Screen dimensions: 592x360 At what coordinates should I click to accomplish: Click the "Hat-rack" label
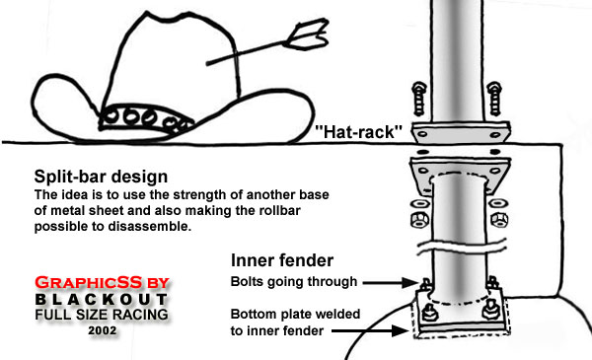click(358, 132)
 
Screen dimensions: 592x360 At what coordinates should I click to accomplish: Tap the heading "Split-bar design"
click(101, 177)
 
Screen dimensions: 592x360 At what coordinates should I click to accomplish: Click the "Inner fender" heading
click(282, 260)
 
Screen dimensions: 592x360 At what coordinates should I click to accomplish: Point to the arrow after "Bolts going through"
click(390, 282)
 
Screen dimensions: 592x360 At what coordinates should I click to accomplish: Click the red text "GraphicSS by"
click(103, 282)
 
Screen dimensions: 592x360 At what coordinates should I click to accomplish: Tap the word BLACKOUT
click(102, 300)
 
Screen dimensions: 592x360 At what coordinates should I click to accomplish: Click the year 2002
click(103, 330)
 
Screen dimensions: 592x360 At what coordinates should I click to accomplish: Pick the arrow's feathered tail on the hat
click(306, 35)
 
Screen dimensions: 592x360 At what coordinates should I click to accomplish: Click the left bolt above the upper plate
click(419, 99)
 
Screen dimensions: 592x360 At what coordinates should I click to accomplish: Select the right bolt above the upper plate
click(494, 99)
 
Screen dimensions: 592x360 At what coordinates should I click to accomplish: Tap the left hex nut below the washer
click(420, 220)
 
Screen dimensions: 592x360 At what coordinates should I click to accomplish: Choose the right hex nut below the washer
click(498, 220)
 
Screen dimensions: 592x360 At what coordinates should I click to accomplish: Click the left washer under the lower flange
click(419, 204)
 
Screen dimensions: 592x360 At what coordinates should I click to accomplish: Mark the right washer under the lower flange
click(498, 204)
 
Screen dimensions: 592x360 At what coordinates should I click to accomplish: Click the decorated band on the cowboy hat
click(146, 117)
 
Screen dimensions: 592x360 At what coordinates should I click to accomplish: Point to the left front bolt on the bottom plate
click(429, 313)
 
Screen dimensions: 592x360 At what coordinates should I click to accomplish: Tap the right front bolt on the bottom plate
click(490, 310)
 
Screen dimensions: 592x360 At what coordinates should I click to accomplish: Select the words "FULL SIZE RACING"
click(102, 315)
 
